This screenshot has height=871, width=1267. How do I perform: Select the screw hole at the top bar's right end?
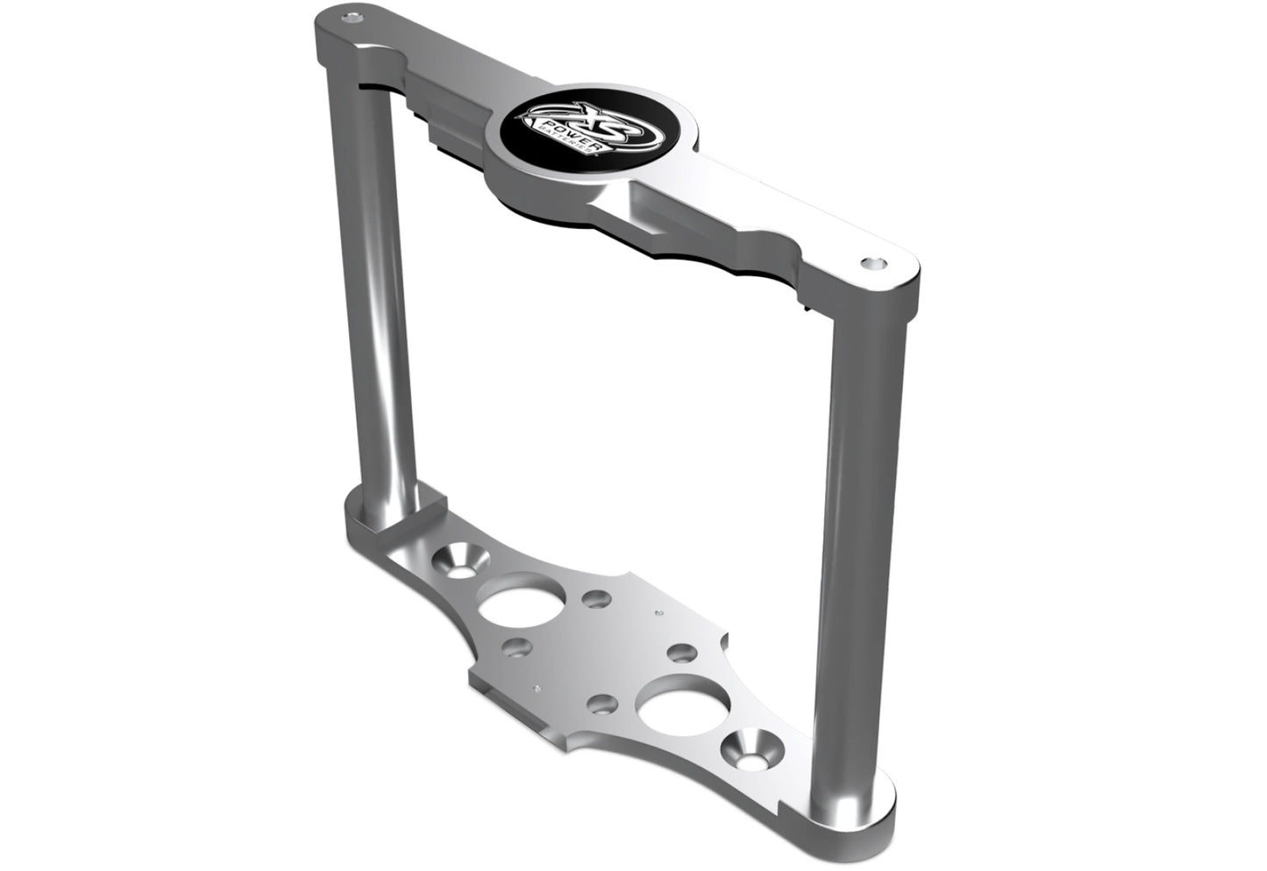click(x=872, y=262)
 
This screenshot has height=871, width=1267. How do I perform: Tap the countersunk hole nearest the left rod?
click(x=457, y=560)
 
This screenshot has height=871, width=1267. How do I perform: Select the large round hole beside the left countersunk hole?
click(x=513, y=600)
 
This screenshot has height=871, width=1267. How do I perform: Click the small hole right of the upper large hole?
click(x=596, y=599)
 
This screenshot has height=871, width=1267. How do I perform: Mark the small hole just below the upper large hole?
click(x=517, y=650)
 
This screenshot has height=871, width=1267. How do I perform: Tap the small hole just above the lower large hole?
click(x=680, y=653)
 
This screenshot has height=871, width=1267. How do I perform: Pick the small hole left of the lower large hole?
click(x=601, y=703)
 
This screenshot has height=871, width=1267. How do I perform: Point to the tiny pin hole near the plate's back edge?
click(x=654, y=613)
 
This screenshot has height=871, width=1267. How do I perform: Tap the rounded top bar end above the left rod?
click(x=346, y=35)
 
